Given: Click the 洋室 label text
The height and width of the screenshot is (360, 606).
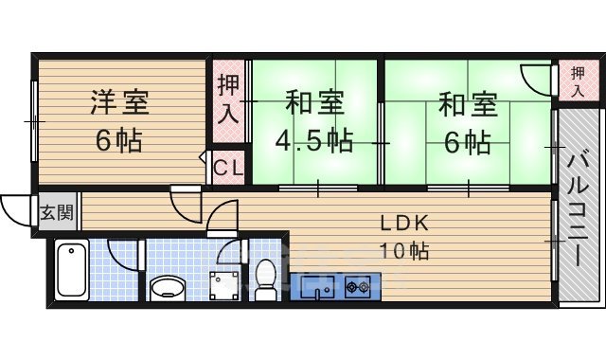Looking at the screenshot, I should [120, 100].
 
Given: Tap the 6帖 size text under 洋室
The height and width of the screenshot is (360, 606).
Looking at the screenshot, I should [119, 140].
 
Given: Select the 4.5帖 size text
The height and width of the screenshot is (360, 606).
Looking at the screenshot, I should [313, 140].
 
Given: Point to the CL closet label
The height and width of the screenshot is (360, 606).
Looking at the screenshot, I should [228, 169].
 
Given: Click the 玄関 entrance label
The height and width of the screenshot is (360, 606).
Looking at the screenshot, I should [56, 211].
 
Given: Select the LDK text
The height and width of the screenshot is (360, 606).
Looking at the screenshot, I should [404, 224].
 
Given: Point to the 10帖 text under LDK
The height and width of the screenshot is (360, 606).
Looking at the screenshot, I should [405, 251].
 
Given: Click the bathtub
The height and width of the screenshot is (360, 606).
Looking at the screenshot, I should [72, 269].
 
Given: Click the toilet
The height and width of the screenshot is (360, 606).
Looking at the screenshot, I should [266, 278].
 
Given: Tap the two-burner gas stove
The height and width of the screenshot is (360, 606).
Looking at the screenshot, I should [357, 285].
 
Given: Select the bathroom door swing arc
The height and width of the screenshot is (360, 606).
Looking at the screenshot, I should [124, 253].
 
